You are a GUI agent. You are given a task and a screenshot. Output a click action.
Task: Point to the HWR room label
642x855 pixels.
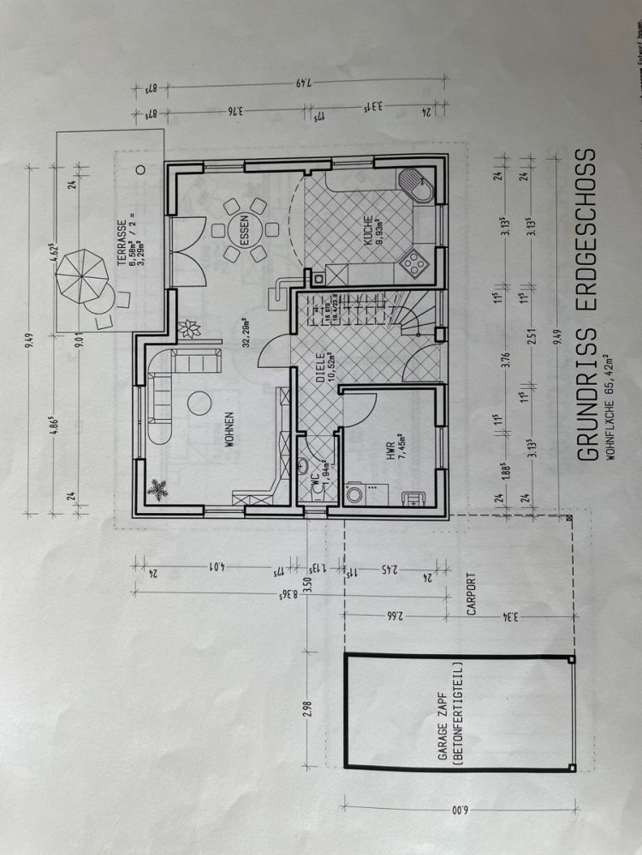[x=390, y=452]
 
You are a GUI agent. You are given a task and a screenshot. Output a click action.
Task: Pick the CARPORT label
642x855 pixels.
[x=470, y=594]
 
